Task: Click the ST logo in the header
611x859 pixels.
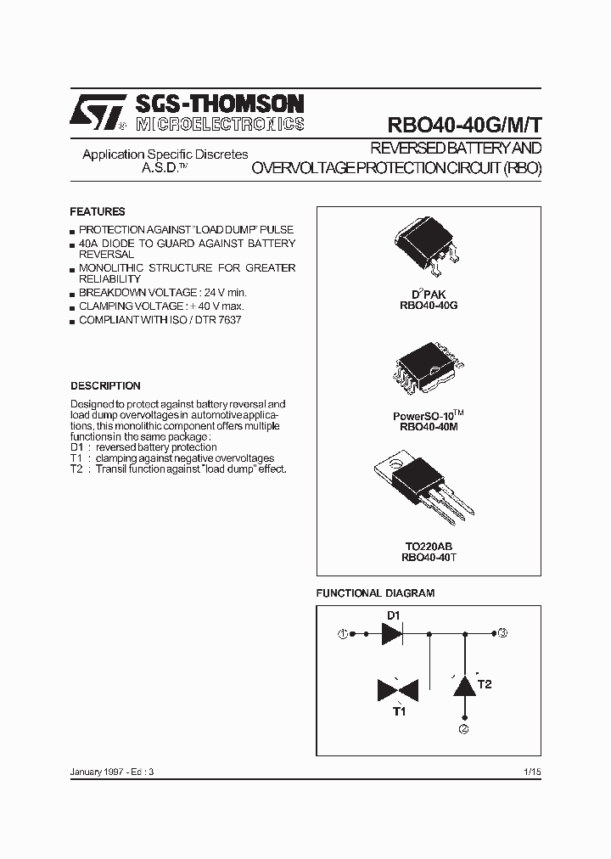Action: tap(98, 113)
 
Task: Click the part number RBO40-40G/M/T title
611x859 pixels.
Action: tap(464, 124)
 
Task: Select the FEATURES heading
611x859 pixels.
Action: tap(97, 211)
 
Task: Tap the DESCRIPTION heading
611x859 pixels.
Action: tap(105, 385)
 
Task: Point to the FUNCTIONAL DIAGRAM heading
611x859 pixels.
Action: tap(375, 592)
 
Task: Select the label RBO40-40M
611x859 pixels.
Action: tap(429, 428)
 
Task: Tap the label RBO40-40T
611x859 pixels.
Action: tap(429, 558)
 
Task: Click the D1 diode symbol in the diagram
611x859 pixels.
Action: tap(393, 633)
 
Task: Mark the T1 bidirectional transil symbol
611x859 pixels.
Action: tap(397, 689)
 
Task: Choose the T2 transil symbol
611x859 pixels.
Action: tap(463, 684)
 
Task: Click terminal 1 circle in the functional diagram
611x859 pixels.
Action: tap(343, 633)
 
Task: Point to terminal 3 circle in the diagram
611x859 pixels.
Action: tap(503, 632)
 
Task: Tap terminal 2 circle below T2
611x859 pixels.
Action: tap(463, 728)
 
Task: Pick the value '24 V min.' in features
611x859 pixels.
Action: tap(223, 292)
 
